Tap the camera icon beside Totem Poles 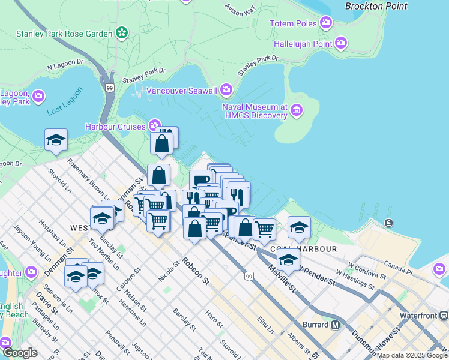click(x=326, y=23)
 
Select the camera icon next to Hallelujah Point click(x=341, y=43)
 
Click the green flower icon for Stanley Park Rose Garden click(x=122, y=32)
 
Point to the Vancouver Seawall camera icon click(x=226, y=90)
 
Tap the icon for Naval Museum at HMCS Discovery click(x=297, y=110)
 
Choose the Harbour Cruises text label click(x=115, y=127)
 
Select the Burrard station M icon click(x=335, y=325)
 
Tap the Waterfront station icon click(x=444, y=314)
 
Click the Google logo click(x=20, y=353)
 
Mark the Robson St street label click(x=196, y=272)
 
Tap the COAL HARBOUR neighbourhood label click(x=303, y=248)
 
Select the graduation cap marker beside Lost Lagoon click(x=56, y=140)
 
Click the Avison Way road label click(x=240, y=9)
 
